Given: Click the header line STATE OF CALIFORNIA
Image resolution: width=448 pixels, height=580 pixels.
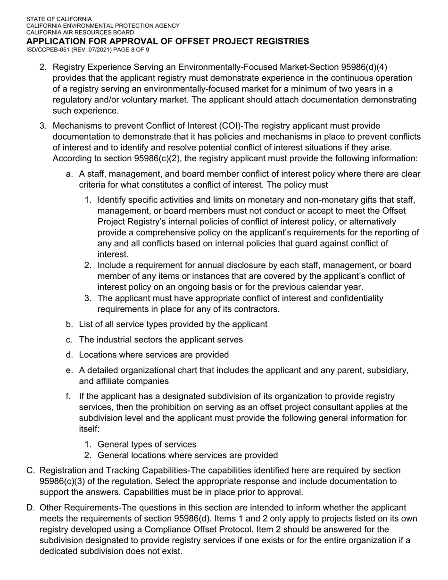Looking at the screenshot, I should [59, 19].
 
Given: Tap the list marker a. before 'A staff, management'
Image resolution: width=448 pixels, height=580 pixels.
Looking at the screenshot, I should [69, 174].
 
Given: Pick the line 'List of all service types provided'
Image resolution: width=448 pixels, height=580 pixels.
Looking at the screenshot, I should [173, 324].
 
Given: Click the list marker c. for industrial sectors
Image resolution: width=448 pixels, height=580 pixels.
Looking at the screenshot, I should [69, 340].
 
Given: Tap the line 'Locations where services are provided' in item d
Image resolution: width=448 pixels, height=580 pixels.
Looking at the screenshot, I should [154, 355].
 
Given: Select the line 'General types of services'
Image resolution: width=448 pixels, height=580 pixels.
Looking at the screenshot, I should [147, 444].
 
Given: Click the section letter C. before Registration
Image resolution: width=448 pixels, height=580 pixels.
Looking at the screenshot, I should [31, 470].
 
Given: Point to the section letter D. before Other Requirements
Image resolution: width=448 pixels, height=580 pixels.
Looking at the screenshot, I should [31, 507].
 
